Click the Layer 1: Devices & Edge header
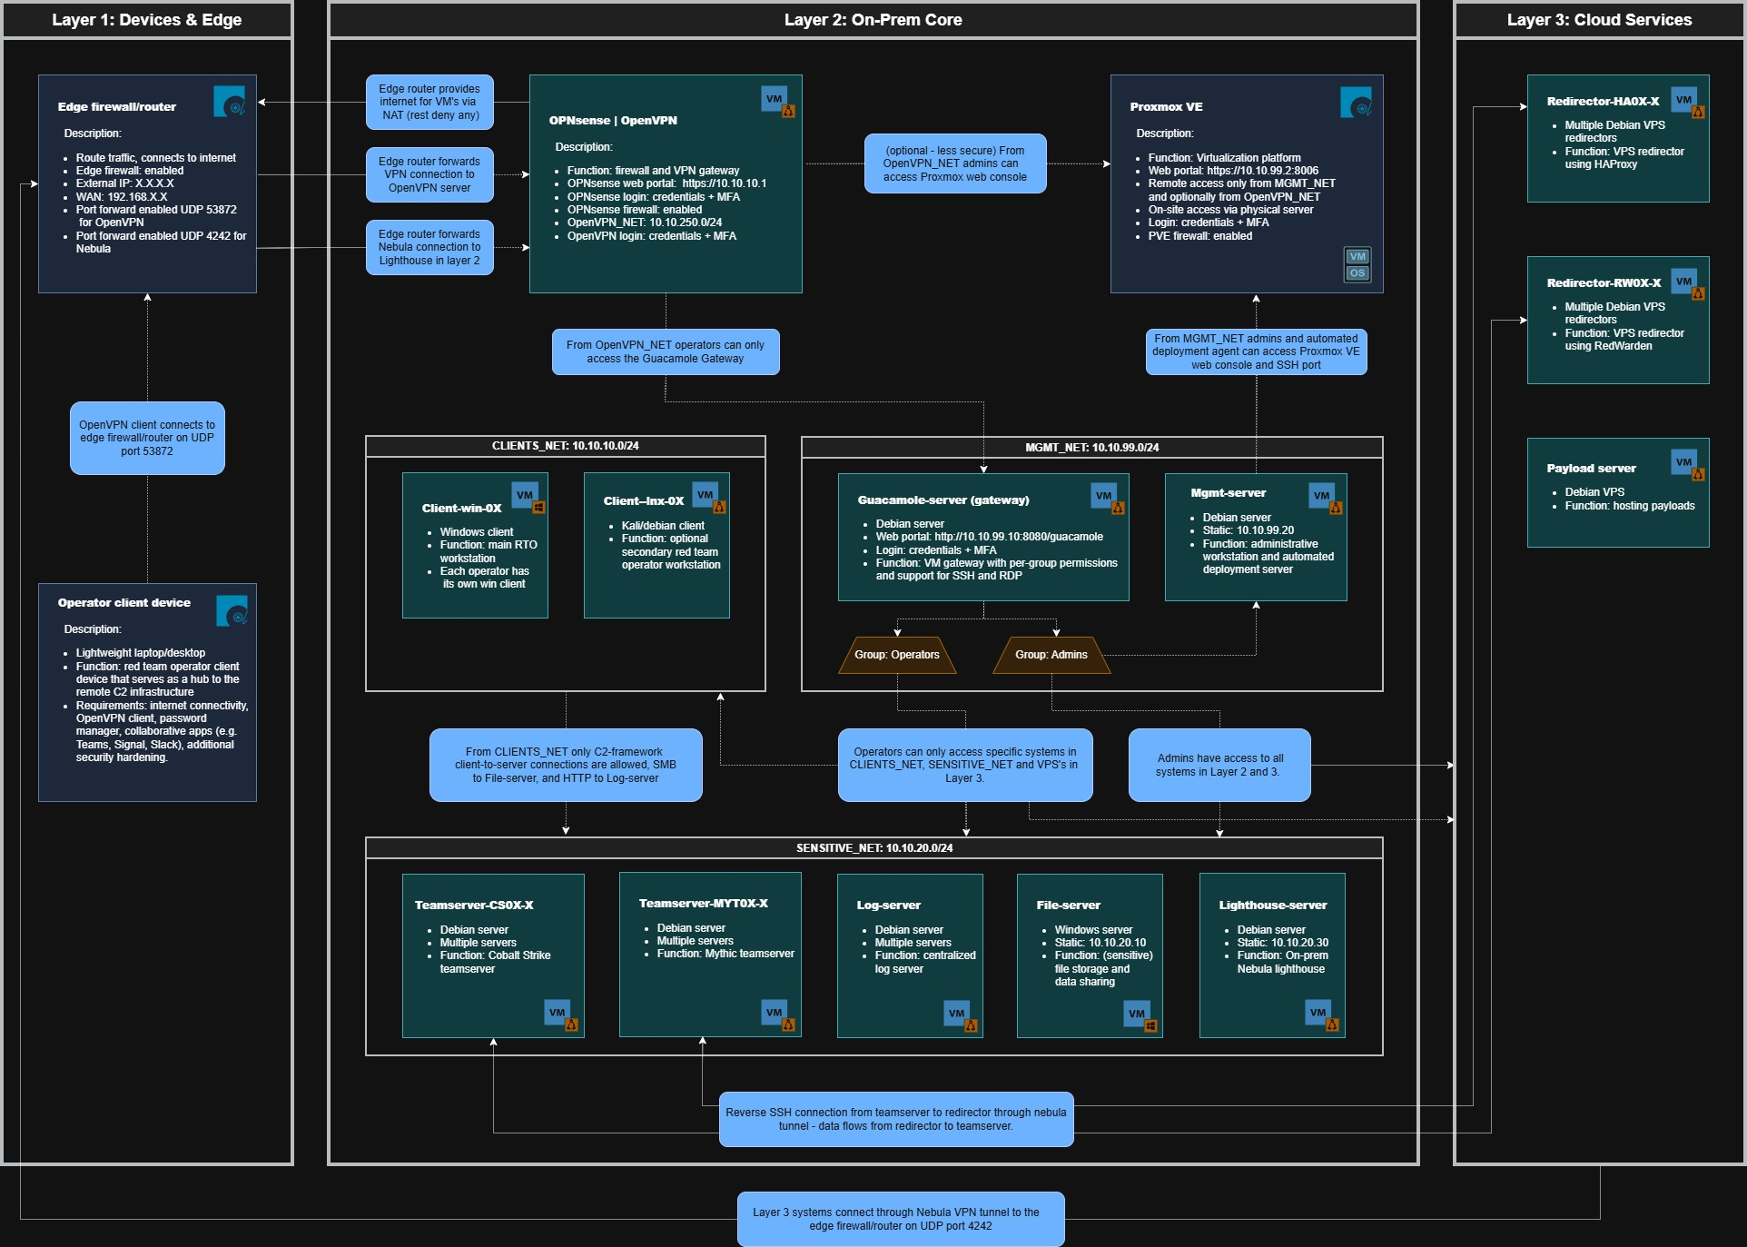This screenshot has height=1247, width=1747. [x=146, y=20]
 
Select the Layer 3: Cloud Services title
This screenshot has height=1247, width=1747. [x=1599, y=20]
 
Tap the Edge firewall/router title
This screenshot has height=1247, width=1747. [x=117, y=106]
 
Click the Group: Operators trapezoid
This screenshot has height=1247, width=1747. [x=897, y=655]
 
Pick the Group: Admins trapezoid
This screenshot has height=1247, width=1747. [x=1051, y=655]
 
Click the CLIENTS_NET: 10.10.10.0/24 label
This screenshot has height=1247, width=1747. [x=565, y=446]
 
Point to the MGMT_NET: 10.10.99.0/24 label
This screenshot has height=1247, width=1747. [x=1091, y=448]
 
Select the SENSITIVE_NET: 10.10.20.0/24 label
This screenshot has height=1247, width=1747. [x=874, y=848]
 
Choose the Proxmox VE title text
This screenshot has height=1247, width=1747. [x=1166, y=106]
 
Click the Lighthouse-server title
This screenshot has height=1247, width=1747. [x=1272, y=906]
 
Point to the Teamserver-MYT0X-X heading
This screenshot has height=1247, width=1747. [x=703, y=904]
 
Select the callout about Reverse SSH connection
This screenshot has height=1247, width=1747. [x=896, y=1119]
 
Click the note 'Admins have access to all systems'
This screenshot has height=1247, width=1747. [x=1219, y=765]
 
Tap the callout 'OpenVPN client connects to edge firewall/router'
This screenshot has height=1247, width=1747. [x=147, y=438]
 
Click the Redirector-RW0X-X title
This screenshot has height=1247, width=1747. [x=1604, y=282]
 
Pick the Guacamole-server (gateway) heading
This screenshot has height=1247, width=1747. [x=943, y=500]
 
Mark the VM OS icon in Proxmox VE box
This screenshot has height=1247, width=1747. [x=1357, y=264]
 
